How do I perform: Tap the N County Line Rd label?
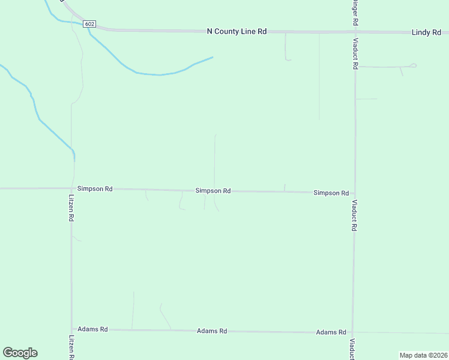pos(236,31)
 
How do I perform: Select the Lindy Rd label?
pos(426,32)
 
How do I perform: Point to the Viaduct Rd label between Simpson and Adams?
pos(355,215)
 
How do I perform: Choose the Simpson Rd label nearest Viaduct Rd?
pos(331,193)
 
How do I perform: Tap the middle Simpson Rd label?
pos(213,191)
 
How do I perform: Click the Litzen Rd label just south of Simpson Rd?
pos(71,208)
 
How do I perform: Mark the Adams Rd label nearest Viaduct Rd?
pos(331,332)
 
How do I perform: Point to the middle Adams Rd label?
pos(212,331)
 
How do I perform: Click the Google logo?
pos(20,353)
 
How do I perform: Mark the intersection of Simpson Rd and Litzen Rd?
pos(71,188)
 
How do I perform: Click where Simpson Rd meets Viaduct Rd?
pos(354,193)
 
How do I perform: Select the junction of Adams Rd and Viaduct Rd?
pos(353,332)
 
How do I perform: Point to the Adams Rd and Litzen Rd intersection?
pos(72,329)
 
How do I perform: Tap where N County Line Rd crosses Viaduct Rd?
pos(354,32)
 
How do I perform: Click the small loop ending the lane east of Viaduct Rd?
pos(413,65)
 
